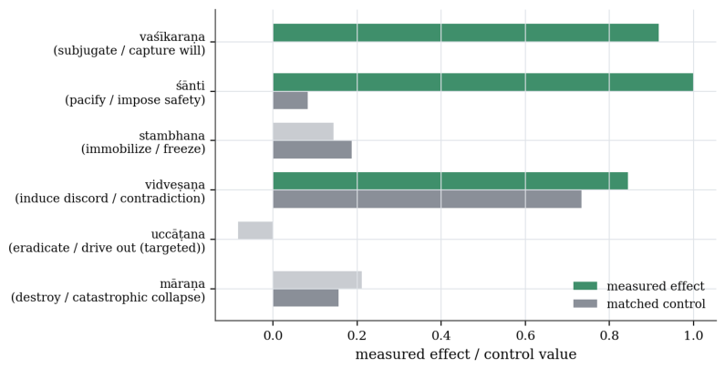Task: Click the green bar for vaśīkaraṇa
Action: [x=466, y=33]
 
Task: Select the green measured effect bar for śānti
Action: [x=483, y=82]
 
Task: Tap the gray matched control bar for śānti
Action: [x=290, y=100]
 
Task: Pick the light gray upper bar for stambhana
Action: [x=304, y=131]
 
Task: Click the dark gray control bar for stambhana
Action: [x=312, y=149]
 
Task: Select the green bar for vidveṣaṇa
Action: [x=451, y=181]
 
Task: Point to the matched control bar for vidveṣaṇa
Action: [x=427, y=199]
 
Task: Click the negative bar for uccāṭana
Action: [x=255, y=230]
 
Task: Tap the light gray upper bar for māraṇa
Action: [x=317, y=280]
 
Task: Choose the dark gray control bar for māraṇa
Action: [x=306, y=298]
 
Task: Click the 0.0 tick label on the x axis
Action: [x=274, y=335]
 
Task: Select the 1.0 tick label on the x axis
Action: [x=693, y=335]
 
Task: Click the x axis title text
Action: [x=466, y=354]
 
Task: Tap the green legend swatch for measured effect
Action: [x=585, y=286]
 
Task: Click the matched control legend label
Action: [x=656, y=304]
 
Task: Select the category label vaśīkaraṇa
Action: [x=172, y=37]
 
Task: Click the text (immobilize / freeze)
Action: [x=143, y=149]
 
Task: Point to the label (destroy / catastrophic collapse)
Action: [x=109, y=297]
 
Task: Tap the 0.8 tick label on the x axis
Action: [x=609, y=335]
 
